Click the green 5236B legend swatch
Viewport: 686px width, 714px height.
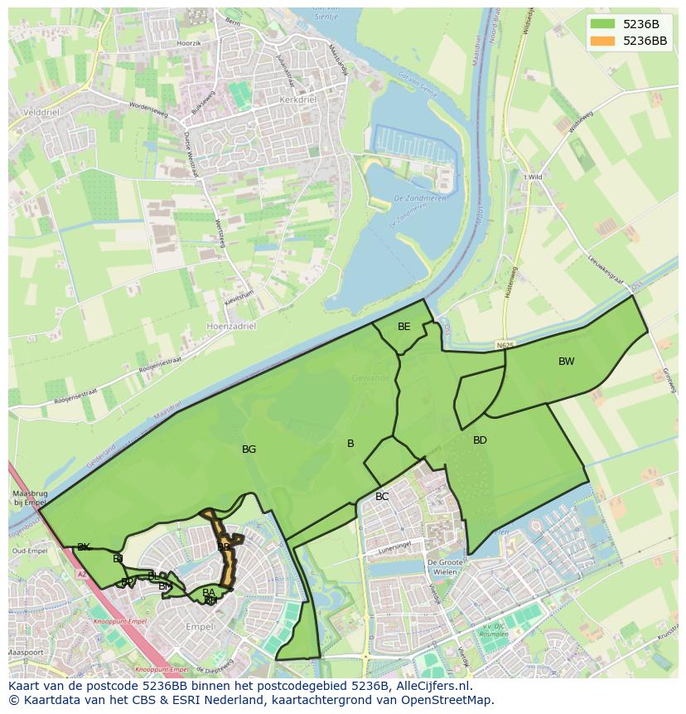point(604,24)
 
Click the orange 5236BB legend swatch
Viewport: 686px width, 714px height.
point(604,41)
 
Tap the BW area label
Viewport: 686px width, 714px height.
point(566,362)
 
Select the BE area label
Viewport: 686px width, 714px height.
point(403,327)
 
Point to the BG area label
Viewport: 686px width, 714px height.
point(249,449)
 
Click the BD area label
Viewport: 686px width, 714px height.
point(480,440)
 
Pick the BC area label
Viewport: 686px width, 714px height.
point(382,497)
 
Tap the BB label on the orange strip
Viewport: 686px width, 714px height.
point(224,547)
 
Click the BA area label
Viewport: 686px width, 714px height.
point(209,592)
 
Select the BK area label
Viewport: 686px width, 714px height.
point(84,547)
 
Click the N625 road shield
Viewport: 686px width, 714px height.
point(505,343)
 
